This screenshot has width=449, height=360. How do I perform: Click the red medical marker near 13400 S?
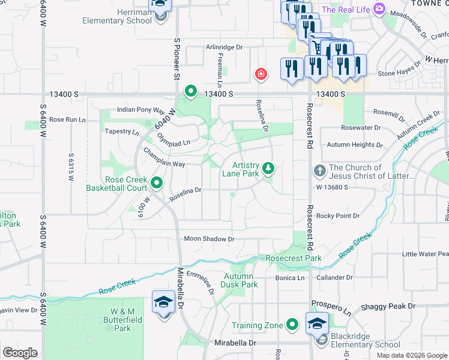pyautogui.click(x=261, y=74)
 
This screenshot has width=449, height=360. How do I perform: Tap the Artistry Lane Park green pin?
pyautogui.click(x=268, y=167)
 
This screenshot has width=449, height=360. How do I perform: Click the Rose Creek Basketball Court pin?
pyautogui.click(x=157, y=183)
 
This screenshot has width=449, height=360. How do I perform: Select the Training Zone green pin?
pyautogui.click(x=292, y=325)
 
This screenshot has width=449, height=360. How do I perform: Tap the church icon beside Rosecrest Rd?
pyautogui.click(x=319, y=172)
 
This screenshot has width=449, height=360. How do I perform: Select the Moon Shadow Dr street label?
pyautogui.click(x=208, y=239)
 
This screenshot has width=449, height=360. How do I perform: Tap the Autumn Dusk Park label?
pyautogui.click(x=241, y=280)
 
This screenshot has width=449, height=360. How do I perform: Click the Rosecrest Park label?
pyautogui.click(x=286, y=258)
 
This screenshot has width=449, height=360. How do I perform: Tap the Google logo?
pyautogui.click(x=19, y=353)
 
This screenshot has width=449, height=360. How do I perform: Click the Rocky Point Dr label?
pyautogui.click(x=338, y=215)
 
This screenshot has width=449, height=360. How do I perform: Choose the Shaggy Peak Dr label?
pyautogui.click(x=388, y=306)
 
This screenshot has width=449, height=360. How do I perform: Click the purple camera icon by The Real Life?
pyautogui.click(x=379, y=9)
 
